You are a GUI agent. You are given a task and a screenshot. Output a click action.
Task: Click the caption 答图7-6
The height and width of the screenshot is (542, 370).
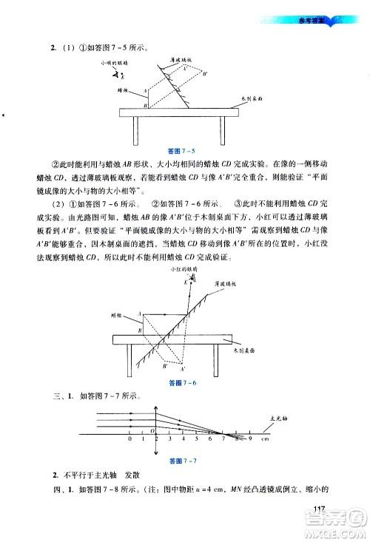[x=182, y=383]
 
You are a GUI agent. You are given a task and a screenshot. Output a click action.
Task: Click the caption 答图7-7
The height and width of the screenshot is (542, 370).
[x=183, y=461]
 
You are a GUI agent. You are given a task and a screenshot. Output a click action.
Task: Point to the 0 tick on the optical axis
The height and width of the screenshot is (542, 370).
[x=130, y=440]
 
